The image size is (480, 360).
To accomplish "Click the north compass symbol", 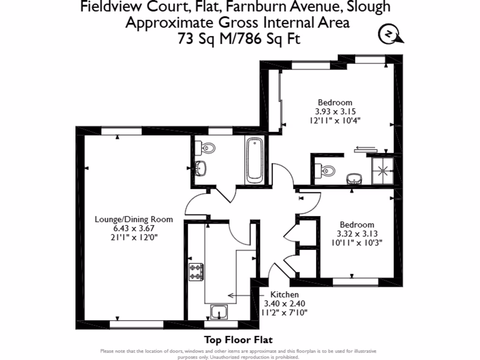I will pos(390,35).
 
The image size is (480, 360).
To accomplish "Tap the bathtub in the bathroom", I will pos(255,160).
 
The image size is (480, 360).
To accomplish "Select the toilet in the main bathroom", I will pos(208,148).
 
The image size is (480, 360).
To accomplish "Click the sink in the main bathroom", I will pos(202,167).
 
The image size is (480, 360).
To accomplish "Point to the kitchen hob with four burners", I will pos(196,272).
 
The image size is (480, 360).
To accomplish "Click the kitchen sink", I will pos(218,312).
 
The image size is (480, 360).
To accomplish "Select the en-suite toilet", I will pos(326,170).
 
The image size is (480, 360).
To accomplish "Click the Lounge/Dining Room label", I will pos(134,219).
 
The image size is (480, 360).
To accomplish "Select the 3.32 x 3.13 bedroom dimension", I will pos(357,233).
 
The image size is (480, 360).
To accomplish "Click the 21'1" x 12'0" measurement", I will pos(134,237).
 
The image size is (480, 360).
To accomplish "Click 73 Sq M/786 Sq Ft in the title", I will pos(238,39).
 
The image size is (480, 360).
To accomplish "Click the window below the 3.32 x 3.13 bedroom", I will pos(355,281).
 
